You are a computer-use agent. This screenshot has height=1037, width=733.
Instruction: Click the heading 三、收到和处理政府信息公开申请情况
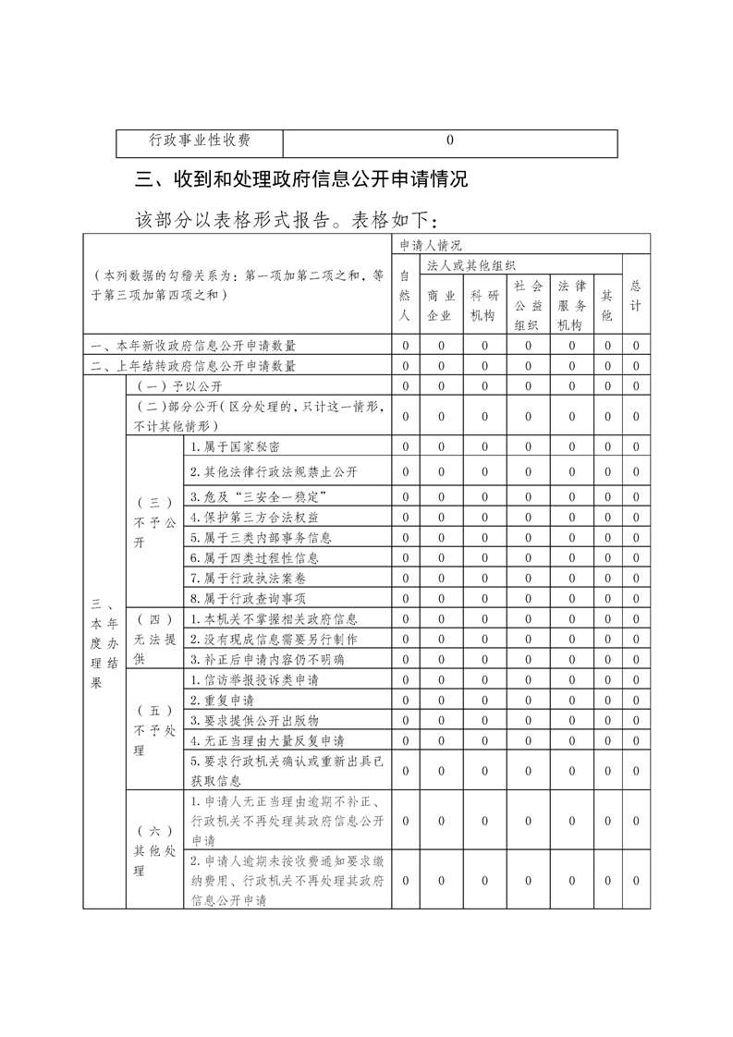point(301,179)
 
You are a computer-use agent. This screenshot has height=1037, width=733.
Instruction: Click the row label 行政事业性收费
point(200,141)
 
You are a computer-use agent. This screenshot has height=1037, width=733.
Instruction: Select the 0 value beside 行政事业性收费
point(449,141)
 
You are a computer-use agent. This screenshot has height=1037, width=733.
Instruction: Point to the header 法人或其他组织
point(470,265)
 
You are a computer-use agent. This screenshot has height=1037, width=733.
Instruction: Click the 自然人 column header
point(405,295)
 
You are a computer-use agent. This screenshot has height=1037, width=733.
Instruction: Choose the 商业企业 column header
point(441,305)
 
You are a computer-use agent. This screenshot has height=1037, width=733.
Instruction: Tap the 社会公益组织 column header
point(528,305)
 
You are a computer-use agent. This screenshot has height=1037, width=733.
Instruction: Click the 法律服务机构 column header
point(571,305)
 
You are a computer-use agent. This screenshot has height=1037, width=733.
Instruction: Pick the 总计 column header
point(635,295)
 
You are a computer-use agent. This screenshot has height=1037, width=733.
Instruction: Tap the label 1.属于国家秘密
point(236,446)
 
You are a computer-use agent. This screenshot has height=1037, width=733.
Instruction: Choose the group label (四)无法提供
point(153,639)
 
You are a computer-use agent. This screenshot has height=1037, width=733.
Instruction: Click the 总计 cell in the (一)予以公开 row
point(636,385)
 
